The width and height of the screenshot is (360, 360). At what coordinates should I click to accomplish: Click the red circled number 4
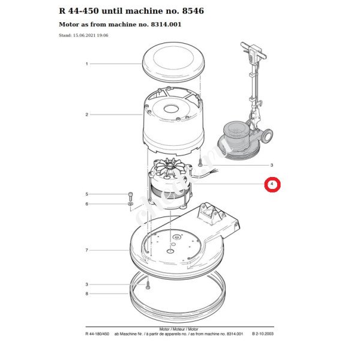(x=272, y=184)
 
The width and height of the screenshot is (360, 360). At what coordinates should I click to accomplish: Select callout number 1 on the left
(x=87, y=64)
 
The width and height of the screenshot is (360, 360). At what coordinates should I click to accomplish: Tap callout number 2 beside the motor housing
(x=87, y=115)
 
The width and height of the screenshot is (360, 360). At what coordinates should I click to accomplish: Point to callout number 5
(x=87, y=194)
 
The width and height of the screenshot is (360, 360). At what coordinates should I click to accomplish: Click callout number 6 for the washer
(x=87, y=204)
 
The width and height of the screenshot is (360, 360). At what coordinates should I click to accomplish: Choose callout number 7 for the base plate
(x=87, y=250)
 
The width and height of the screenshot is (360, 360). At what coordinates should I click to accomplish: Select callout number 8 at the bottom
(x=87, y=293)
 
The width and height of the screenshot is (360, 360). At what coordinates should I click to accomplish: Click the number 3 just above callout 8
(x=87, y=284)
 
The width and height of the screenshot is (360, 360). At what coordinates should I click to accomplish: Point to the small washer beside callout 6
(x=130, y=205)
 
